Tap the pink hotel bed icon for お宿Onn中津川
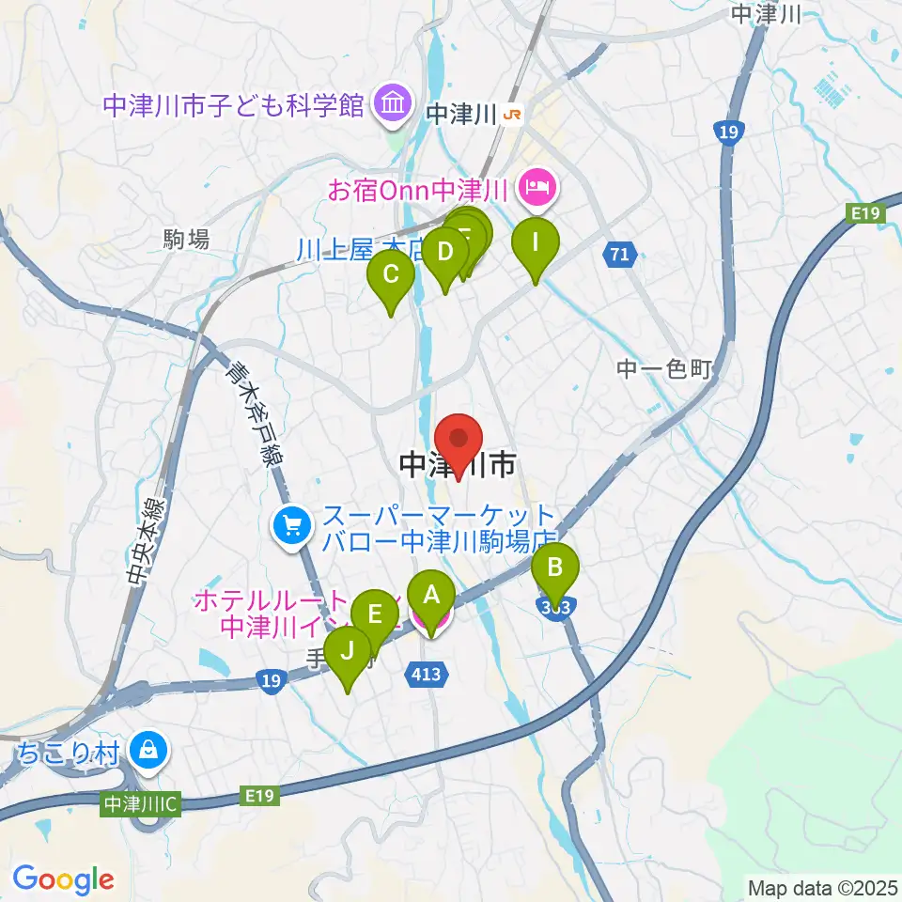point(537,190)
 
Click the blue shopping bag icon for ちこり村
point(149,750)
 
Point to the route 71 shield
point(619,254)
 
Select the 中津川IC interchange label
point(142,804)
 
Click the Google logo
point(64,880)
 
